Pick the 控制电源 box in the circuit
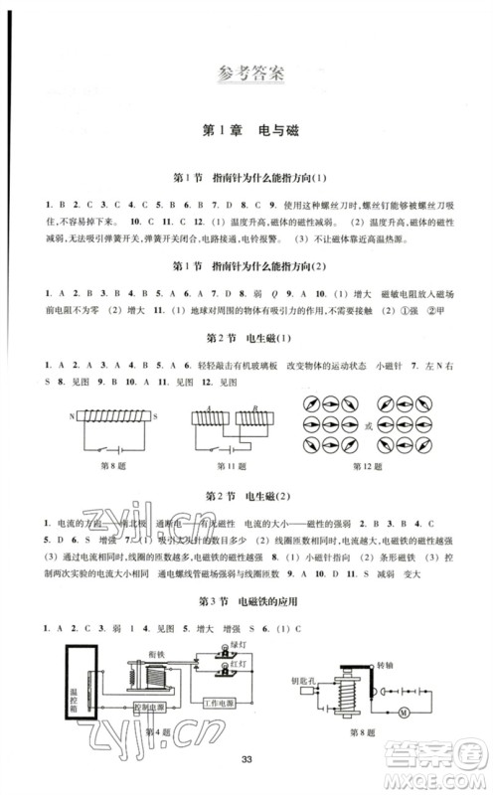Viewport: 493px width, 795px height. pyautogui.click(x=145, y=706)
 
